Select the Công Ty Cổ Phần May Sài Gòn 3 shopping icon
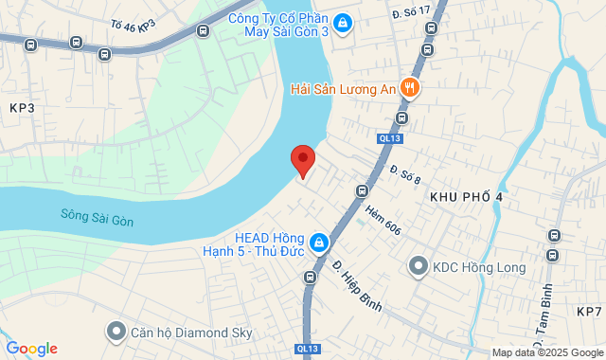[344, 23]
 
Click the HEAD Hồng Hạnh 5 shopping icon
[320, 243]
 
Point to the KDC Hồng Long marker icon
[418, 267]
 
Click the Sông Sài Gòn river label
[97, 217]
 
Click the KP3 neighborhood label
[21, 108]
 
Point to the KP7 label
[588, 312]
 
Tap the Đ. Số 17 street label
[410, 10]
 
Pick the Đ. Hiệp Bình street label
[357, 285]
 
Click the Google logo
[31, 349]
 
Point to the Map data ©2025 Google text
[546, 352]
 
